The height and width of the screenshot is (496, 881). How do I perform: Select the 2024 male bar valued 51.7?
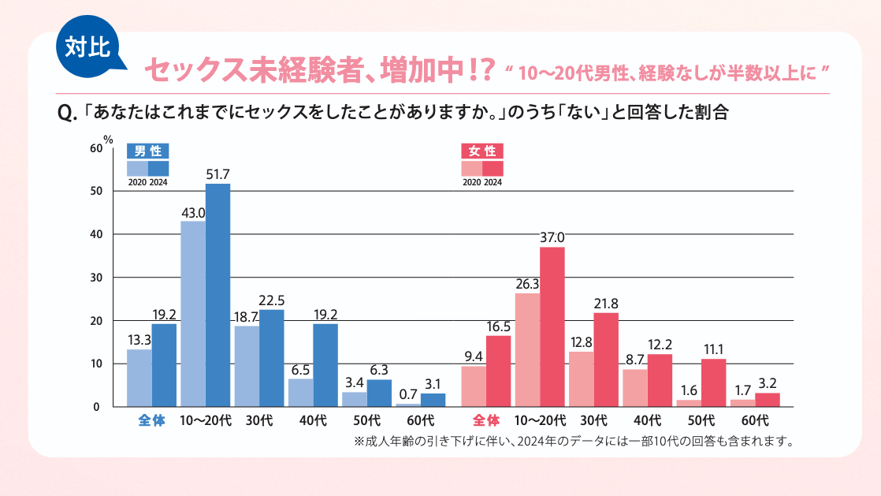tap(218, 295)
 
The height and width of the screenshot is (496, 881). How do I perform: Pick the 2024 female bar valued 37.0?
tap(552, 326)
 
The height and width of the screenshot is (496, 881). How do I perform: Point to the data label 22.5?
tap(271, 300)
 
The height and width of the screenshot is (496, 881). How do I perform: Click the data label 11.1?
tap(714, 349)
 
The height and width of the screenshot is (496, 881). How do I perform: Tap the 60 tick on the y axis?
tap(96, 148)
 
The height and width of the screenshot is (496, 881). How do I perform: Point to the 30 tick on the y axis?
tap(96, 278)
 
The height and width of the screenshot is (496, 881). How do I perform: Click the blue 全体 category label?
tap(151, 420)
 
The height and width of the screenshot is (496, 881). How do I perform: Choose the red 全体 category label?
tap(485, 420)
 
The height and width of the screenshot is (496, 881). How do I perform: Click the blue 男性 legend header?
tap(148, 151)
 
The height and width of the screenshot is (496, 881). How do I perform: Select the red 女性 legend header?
tap(481, 151)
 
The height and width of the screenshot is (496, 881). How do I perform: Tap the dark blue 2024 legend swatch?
tap(158, 167)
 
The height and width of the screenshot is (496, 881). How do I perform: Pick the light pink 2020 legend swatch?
tap(471, 167)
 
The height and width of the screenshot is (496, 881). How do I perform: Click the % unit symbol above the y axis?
tap(110, 141)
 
